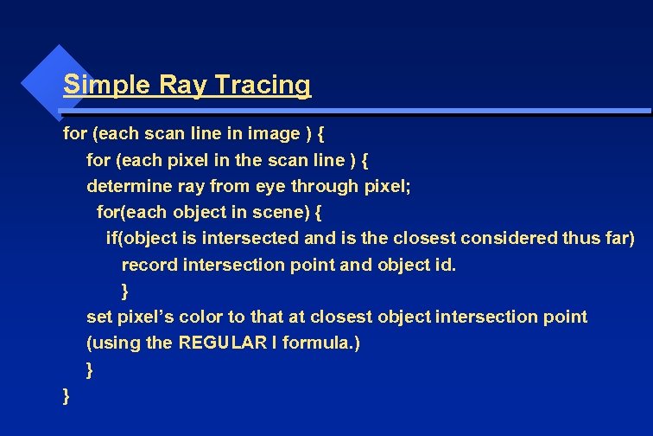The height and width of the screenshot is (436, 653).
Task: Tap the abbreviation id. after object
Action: pos(441,264)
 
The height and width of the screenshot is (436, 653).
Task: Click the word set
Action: pos(98,317)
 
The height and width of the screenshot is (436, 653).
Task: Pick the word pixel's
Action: pos(145,317)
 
